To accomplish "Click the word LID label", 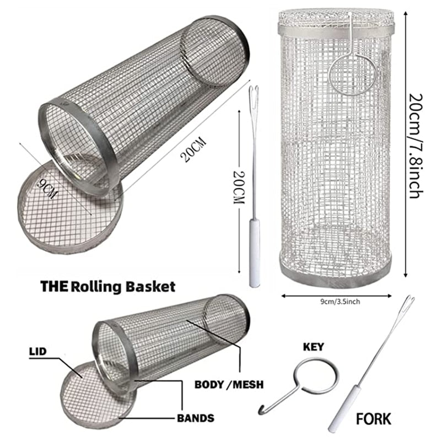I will [x=36, y=351].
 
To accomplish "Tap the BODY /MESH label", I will [x=229, y=384].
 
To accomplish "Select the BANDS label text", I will [x=196, y=418].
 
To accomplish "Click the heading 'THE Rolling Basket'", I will [x=108, y=287].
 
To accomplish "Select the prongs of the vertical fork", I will [x=254, y=94].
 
